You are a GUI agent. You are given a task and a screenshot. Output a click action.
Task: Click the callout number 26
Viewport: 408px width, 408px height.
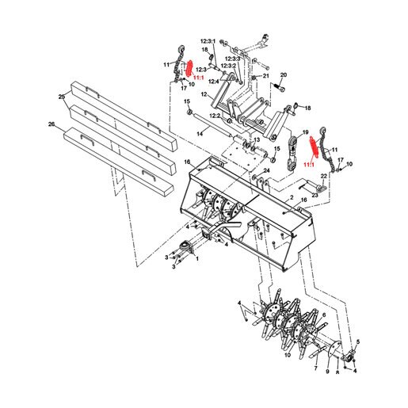point(51,124)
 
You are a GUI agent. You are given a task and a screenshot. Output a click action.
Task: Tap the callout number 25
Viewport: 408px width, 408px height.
point(62,97)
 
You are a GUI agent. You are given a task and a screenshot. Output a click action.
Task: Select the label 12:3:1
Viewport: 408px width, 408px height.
point(208,41)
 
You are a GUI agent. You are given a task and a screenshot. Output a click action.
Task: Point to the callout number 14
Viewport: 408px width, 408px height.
point(200,134)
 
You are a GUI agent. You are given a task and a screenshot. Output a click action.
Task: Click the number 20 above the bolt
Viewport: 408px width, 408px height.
point(283,75)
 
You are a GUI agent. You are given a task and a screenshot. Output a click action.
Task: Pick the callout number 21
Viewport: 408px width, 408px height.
point(266,76)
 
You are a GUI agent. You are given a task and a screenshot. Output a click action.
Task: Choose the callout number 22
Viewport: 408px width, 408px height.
point(324,176)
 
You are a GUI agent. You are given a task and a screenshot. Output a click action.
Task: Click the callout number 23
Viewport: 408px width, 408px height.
point(315,195)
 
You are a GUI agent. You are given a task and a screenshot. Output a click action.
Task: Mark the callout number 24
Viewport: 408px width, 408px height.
point(266,171)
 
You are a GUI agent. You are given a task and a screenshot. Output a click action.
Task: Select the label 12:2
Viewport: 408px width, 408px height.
point(215,116)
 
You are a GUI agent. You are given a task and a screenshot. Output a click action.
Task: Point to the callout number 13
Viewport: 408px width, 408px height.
point(257,139)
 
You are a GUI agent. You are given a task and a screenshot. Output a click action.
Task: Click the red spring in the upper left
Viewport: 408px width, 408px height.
point(189,68)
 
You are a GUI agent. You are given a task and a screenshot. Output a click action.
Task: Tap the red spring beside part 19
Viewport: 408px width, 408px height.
point(314,148)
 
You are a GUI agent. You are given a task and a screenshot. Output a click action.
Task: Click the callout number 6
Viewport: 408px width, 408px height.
point(324,315)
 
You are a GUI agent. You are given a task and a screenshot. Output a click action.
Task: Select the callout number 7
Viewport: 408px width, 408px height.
point(315,368)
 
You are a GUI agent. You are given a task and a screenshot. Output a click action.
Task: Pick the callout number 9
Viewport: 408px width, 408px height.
point(327,372)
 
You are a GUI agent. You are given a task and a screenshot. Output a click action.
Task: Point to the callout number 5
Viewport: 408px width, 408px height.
point(358,341)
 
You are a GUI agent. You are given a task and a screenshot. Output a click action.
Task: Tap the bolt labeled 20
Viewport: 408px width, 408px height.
point(279,87)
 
